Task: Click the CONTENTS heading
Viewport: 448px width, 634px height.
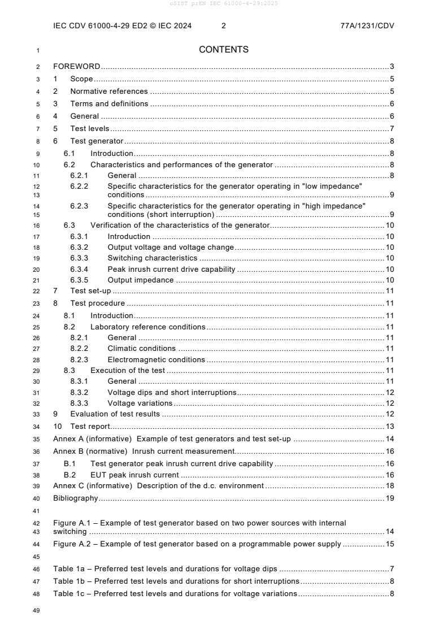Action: tap(224, 50)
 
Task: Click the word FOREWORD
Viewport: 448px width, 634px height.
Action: tap(77, 67)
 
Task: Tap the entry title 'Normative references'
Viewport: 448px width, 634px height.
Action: tap(109, 92)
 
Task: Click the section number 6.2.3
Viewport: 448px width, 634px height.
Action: tap(80, 206)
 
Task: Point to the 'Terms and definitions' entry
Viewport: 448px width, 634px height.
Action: tap(109, 104)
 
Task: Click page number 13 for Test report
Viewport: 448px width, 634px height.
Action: tap(389, 427)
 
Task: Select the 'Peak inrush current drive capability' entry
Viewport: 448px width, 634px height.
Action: tap(171, 270)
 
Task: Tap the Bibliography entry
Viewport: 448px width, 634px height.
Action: tap(76, 498)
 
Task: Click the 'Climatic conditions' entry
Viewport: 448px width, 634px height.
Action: tap(141, 349)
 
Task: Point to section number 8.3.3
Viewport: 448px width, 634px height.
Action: tap(80, 403)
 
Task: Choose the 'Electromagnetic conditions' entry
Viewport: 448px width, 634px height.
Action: tap(156, 360)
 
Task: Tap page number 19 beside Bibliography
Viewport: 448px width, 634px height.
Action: tap(389, 498)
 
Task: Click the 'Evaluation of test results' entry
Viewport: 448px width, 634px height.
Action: tap(115, 414)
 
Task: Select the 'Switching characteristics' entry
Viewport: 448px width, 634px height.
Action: tap(152, 258)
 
